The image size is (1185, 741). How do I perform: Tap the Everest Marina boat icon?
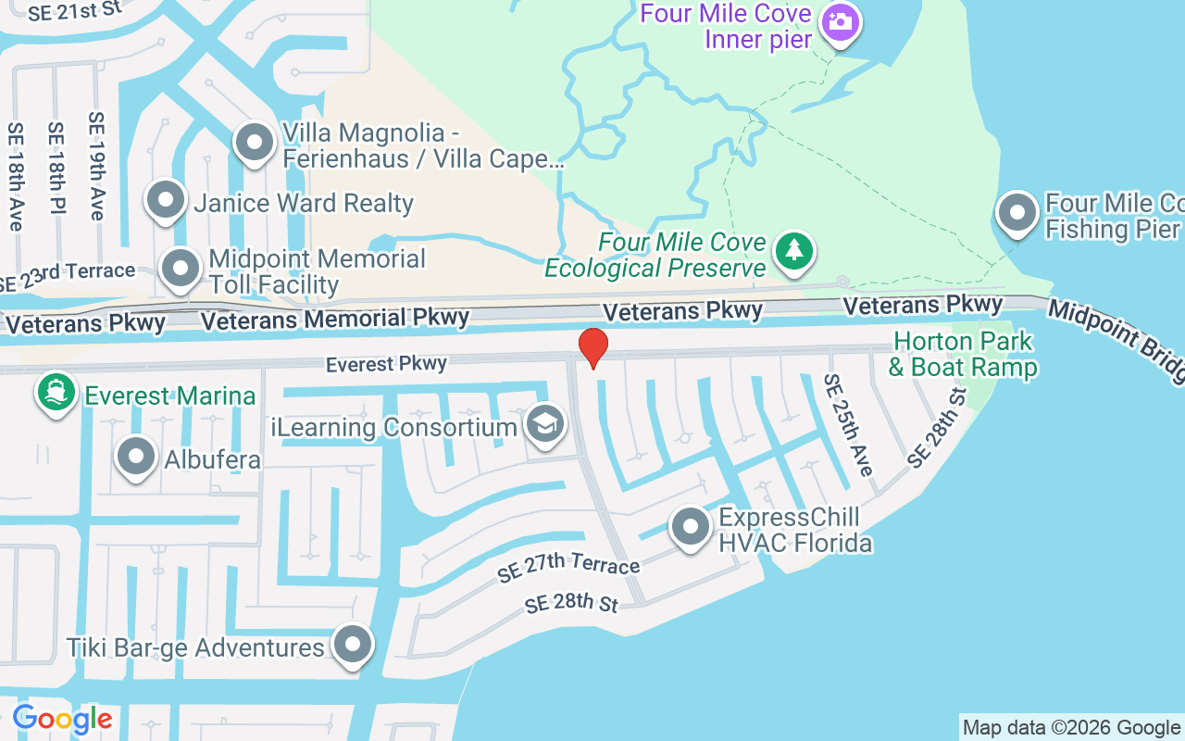[56, 393]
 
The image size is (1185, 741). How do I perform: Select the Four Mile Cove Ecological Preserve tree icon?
[793, 250]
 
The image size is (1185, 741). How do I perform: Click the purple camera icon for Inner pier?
[841, 22]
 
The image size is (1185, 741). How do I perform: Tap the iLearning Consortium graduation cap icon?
[544, 425]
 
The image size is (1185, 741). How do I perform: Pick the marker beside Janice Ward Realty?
[167, 200]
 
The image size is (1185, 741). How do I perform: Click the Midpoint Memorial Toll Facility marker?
[181, 269]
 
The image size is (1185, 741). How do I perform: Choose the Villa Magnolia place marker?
[254, 143]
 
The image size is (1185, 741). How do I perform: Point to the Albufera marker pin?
[137, 456]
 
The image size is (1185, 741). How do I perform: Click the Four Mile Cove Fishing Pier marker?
[1018, 212]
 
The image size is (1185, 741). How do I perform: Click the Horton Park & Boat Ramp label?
[963, 355]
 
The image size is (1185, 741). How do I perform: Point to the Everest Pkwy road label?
[386, 364]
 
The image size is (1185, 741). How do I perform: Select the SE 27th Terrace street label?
[568, 567]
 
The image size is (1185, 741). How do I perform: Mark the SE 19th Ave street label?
[97, 166]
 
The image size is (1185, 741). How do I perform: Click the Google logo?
[62, 719]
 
